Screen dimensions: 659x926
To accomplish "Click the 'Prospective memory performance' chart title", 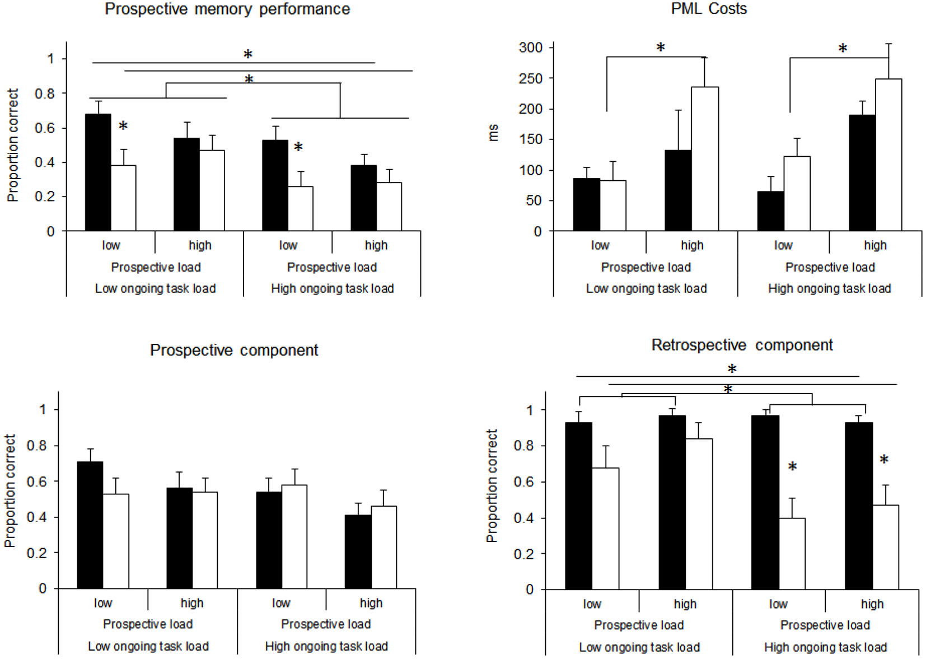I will pos(227,10).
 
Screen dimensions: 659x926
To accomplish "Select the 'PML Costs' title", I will pos(708,9).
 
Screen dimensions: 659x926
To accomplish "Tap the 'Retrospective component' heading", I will pos(741,345).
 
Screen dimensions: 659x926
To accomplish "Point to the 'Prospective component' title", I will pos(233,350).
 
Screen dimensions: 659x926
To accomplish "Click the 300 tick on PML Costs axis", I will pos(530,48).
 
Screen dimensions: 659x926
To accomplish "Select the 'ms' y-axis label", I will pos(493,133).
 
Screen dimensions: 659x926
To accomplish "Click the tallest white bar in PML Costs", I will pos(888,155).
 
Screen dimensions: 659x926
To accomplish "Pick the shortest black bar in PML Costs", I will pos(770,211).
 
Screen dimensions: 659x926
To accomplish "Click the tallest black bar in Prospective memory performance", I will pos(98,172).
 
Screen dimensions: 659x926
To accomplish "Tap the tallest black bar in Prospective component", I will pos(90,525).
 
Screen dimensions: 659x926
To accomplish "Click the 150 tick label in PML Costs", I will pos(530,139).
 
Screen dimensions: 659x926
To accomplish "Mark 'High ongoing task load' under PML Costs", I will pos(829,289).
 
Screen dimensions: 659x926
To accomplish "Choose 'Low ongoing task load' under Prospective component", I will pos(148,647).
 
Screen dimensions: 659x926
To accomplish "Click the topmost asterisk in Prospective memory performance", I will pos(248,54).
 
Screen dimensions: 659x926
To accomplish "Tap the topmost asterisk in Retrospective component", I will pos(732,369).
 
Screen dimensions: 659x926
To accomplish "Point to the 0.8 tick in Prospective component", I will pos(38,446).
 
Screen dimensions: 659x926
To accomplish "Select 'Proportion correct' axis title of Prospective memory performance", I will pos(12,145).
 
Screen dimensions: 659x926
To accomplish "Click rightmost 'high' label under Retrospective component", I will pos(872,604).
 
